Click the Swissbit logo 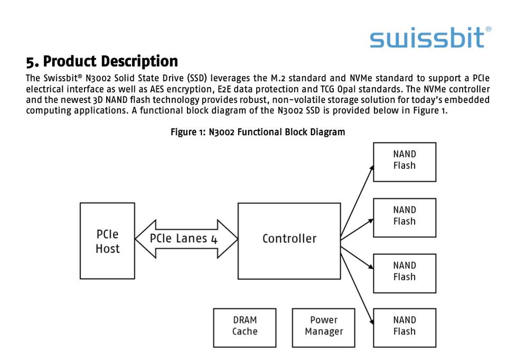(427, 37)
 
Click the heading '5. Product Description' (102, 62)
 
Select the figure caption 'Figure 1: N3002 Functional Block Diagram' (258, 132)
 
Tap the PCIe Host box (107, 241)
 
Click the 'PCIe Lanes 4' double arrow (186, 239)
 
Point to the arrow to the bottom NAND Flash (358, 283)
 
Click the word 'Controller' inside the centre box (289, 239)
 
